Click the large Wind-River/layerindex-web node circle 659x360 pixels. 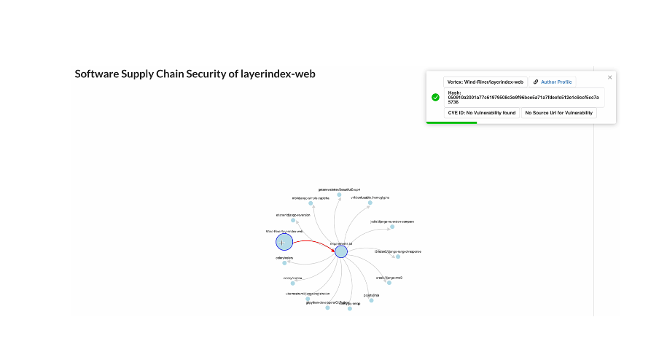click(284, 242)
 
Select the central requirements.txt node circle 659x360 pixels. click(341, 251)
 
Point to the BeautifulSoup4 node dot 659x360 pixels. click(340, 195)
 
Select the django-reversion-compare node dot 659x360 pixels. click(391, 227)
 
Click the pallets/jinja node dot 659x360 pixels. click(371, 300)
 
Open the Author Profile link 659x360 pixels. click(553, 82)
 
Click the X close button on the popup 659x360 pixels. click(610, 77)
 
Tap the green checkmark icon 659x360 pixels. click(435, 97)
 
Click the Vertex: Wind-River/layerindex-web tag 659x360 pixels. click(486, 82)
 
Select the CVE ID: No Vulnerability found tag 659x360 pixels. click(481, 113)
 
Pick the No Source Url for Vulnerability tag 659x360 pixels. click(559, 113)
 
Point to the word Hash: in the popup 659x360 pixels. click(454, 93)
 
